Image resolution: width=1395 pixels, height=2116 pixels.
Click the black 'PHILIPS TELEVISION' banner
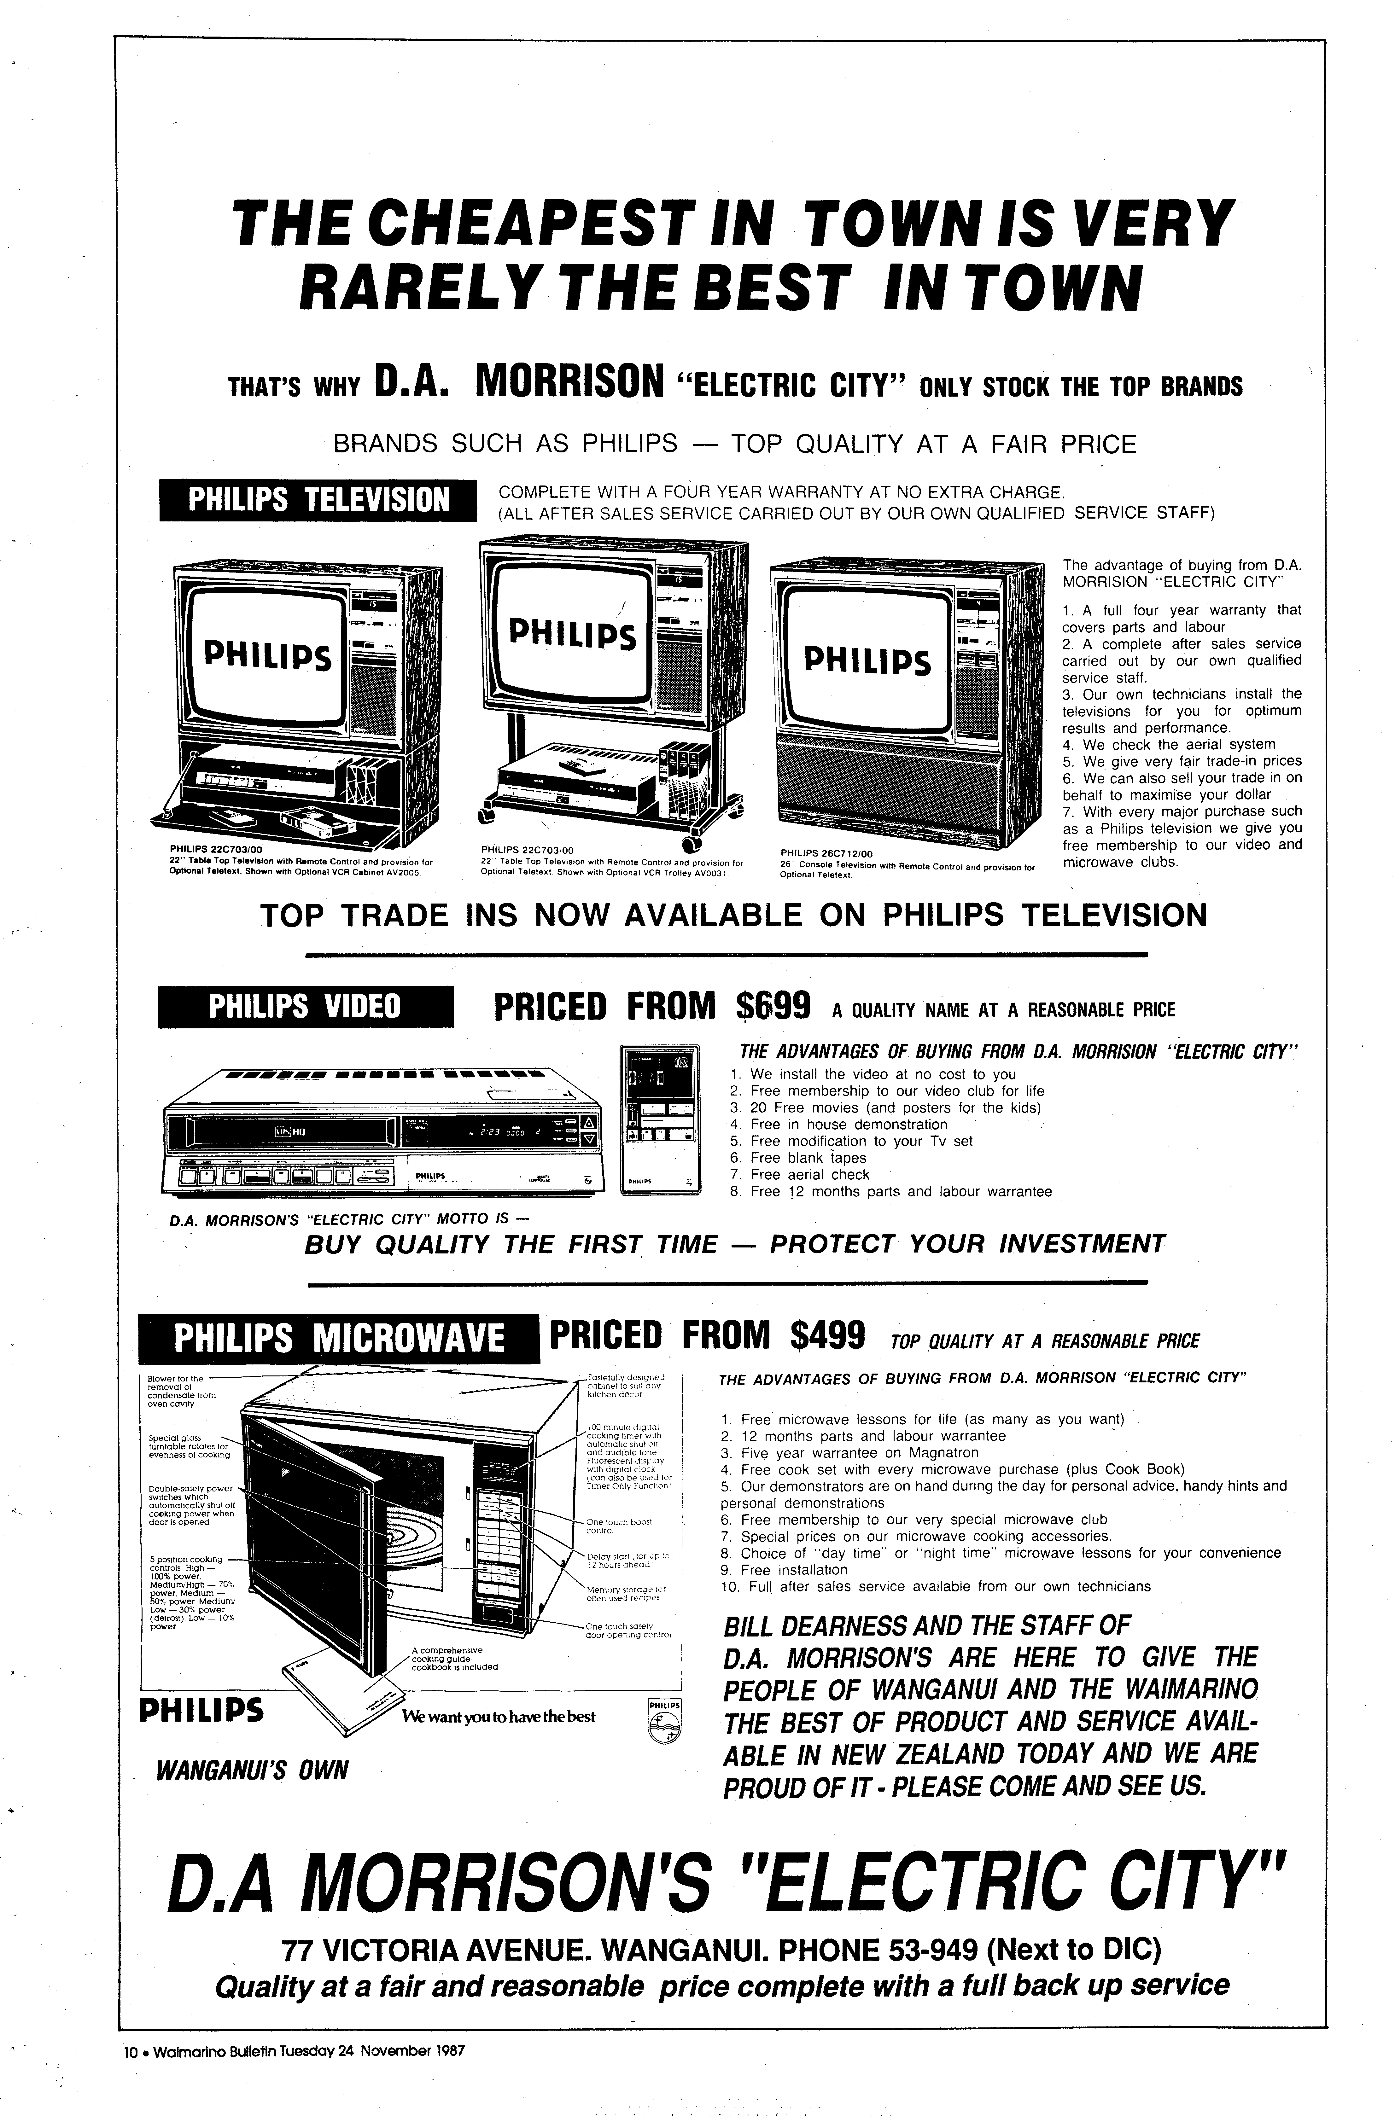tap(318, 500)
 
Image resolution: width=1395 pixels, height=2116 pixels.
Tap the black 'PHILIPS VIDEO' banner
tap(305, 1007)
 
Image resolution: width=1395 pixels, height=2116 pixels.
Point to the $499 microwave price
tap(827, 1334)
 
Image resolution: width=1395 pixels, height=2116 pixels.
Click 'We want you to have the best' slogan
tap(498, 1717)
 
